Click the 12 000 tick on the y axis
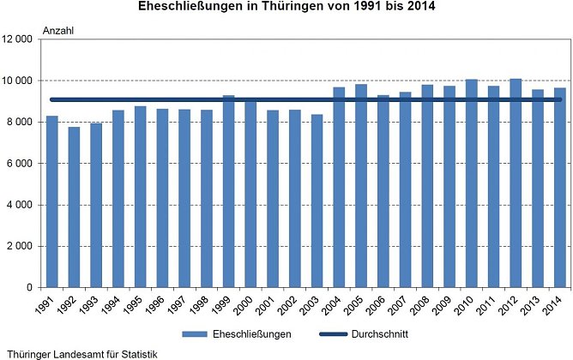[17, 39]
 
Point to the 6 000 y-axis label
[20, 164]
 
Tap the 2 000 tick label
[20, 246]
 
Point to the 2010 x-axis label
[469, 304]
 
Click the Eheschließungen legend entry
[239, 333]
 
